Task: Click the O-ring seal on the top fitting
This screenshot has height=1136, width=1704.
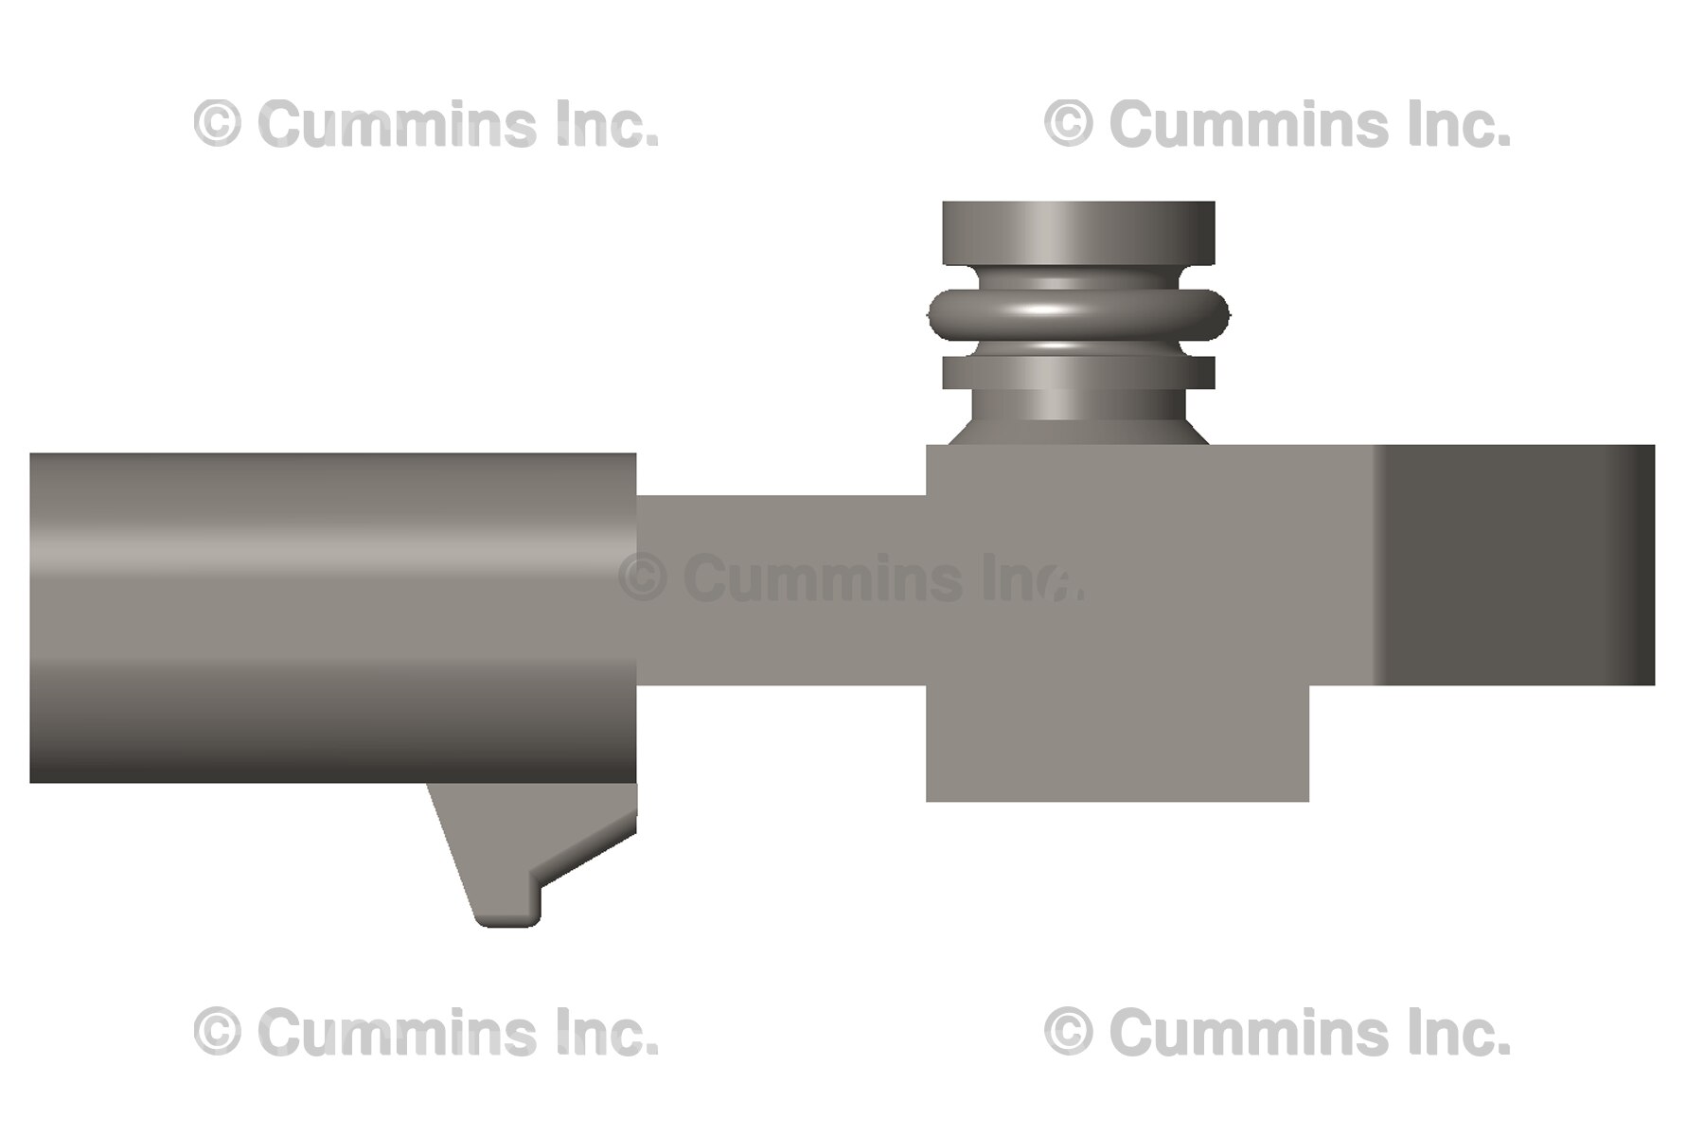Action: [1078, 314]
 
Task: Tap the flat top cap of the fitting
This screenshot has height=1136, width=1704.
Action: [1078, 232]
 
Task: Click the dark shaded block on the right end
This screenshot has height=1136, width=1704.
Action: [1515, 565]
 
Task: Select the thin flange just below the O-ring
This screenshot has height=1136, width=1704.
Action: [1078, 372]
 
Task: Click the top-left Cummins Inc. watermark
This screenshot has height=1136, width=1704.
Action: [426, 125]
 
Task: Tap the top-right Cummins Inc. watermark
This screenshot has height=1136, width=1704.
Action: [1277, 125]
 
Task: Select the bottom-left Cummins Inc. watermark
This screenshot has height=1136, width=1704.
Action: [426, 1033]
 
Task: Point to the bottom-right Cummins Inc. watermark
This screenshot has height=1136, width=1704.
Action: [1277, 1033]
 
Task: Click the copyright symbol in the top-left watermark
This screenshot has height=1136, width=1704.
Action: [217, 125]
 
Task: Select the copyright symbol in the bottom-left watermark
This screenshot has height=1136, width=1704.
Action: [217, 1033]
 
